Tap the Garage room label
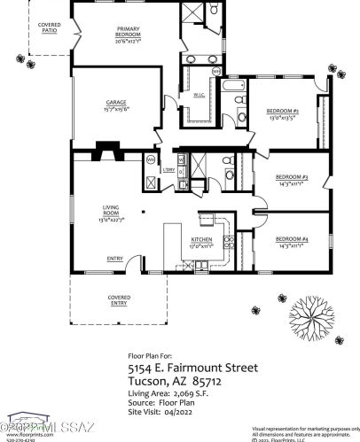116,105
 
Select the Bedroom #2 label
282,113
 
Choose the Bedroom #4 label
291,242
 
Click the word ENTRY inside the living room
115,259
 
